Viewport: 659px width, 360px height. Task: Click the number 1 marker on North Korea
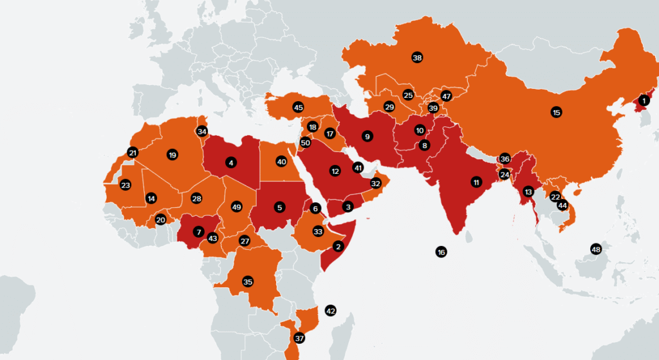tap(645, 100)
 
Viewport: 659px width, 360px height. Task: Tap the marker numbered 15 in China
tap(557, 112)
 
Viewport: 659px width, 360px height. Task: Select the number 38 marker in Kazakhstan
tap(416, 58)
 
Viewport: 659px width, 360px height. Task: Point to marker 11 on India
tap(476, 181)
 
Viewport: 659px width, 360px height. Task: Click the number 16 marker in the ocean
tap(441, 252)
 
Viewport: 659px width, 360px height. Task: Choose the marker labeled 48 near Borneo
tap(596, 249)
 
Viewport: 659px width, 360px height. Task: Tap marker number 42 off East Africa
tap(331, 310)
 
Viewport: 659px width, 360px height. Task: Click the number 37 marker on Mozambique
tap(299, 338)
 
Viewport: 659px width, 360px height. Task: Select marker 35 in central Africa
tap(248, 281)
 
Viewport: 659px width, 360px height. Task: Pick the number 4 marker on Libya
tap(230, 163)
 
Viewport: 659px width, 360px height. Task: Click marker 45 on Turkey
tap(297, 107)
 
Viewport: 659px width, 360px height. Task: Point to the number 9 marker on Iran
tap(367, 136)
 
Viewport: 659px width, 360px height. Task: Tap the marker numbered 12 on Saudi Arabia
tap(335, 171)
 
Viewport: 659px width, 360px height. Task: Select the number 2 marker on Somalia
tap(339, 245)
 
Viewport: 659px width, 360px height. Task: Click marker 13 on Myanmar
tap(528, 191)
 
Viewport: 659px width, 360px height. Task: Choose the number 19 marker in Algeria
tap(172, 155)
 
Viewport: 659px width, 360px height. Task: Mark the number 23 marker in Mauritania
tap(125, 185)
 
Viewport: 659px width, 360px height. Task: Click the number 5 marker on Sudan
tap(279, 207)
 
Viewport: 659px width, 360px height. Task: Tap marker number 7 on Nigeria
tap(199, 231)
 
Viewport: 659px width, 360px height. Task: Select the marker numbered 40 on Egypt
tap(281, 161)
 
